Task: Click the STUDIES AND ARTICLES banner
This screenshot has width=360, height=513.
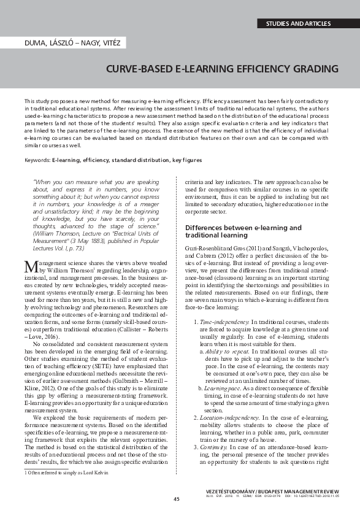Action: click(298, 24)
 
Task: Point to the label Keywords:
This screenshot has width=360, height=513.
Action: click(37, 160)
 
